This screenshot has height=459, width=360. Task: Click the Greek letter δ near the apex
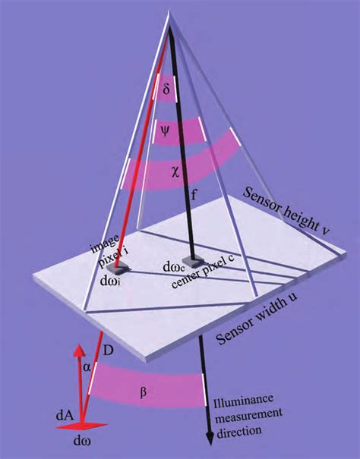click(166, 89)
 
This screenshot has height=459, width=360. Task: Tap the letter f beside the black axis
click(194, 195)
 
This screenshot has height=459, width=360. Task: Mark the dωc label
click(173, 267)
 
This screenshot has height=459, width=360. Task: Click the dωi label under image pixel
click(110, 281)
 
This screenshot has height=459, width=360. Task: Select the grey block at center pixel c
click(193, 261)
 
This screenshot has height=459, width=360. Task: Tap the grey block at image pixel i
click(117, 268)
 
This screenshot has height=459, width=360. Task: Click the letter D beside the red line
click(108, 351)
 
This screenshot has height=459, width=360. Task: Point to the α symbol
click(87, 367)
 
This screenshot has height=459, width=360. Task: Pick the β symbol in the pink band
click(143, 392)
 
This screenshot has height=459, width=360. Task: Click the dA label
click(65, 416)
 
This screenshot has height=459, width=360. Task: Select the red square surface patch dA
click(81, 426)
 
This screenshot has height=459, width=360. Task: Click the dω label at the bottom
click(82, 441)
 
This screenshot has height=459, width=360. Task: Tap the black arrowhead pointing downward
click(210, 439)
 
